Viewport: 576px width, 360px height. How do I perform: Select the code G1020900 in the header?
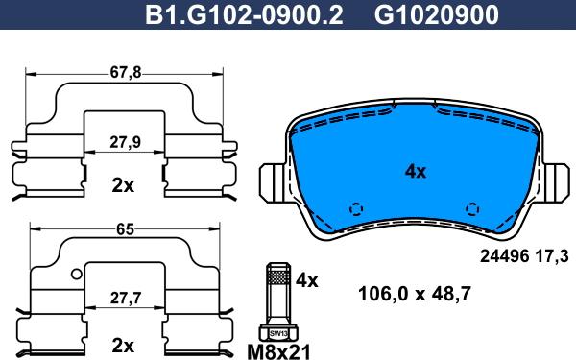click(421, 15)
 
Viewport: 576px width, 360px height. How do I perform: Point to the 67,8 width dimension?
click(123, 72)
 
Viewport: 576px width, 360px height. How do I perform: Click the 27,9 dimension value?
click(122, 141)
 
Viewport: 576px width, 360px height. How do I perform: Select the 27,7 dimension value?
click(122, 300)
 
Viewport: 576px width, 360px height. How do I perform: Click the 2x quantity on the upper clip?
click(122, 185)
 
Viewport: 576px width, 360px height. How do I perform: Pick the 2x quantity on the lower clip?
click(122, 344)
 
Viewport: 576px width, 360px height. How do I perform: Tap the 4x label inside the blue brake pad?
click(415, 172)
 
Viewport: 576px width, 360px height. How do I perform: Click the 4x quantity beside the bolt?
click(307, 281)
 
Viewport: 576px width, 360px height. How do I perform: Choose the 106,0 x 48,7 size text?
click(414, 295)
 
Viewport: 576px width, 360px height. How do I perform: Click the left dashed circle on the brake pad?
click(357, 208)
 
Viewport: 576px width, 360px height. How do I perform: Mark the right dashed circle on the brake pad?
click(471, 208)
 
